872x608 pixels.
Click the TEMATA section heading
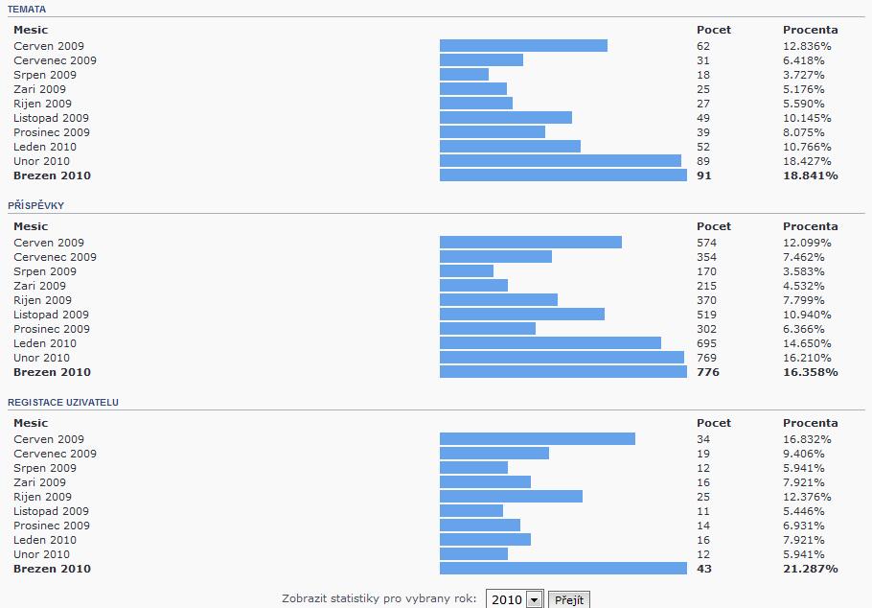26,9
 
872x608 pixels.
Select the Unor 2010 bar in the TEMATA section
560,161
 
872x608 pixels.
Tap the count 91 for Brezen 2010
704,175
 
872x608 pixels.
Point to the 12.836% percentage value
807,46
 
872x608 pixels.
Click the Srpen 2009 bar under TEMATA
464,75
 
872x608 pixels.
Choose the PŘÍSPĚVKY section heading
35,205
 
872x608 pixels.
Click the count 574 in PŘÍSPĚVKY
706,243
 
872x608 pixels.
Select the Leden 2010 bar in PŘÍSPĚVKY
550,343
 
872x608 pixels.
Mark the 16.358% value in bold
810,372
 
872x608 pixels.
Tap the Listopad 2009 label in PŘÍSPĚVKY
51,315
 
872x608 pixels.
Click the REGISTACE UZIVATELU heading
63,402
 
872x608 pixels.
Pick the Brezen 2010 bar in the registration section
562,569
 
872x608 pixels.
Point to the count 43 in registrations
704,569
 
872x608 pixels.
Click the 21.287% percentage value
810,569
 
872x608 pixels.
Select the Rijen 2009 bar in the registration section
511,497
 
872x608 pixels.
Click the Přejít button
568,599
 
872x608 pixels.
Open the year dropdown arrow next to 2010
534,599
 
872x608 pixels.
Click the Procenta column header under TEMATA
810,30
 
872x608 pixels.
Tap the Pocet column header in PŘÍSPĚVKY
713,226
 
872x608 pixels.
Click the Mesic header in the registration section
31,423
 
